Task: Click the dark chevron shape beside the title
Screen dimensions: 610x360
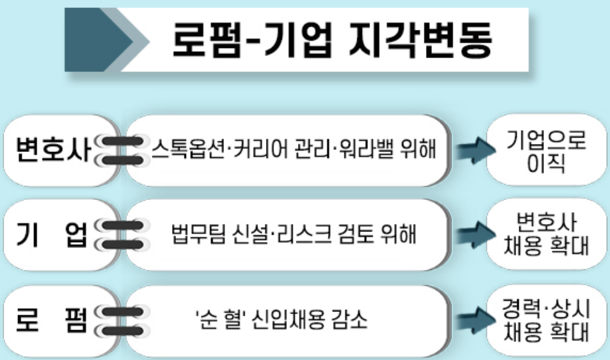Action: click(100, 40)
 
